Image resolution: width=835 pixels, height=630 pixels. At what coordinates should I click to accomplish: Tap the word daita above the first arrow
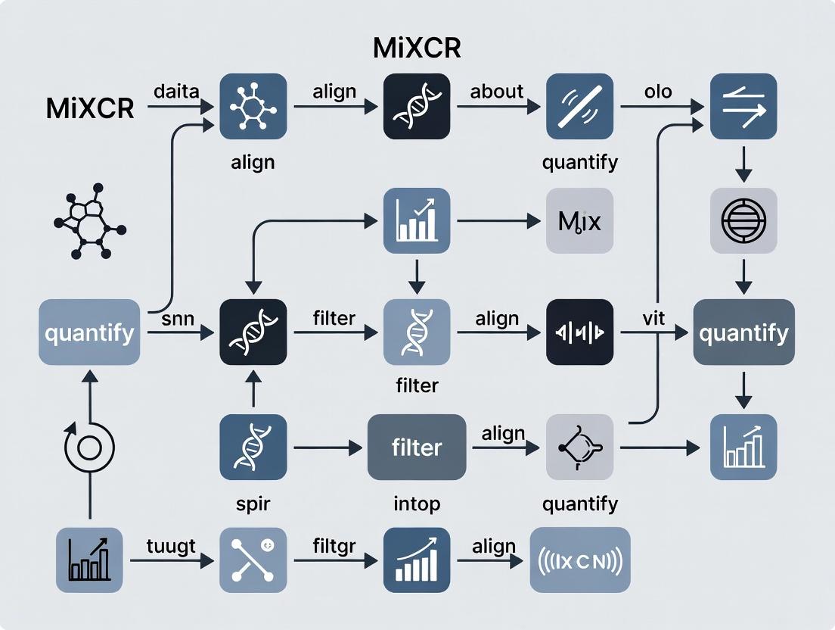[x=175, y=92]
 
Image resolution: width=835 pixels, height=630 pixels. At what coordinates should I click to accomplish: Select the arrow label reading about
[x=496, y=92]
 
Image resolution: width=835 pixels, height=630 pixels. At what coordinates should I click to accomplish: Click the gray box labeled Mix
[x=579, y=221]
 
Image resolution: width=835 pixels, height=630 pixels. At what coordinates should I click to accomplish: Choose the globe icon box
[x=743, y=220]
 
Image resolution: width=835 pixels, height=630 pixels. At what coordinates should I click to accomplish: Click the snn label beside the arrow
[x=178, y=318]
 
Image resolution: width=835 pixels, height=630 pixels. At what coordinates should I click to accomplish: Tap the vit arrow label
[x=653, y=318]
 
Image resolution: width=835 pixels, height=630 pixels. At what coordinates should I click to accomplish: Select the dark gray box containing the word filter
[x=416, y=448]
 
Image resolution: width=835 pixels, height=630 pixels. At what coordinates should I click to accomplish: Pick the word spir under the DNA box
[x=253, y=504]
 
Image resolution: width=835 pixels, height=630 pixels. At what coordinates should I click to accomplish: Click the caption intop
[x=417, y=504]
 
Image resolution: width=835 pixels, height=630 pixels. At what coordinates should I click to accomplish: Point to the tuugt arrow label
[x=171, y=546]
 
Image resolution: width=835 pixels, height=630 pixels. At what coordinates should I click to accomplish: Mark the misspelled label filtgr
[x=334, y=546]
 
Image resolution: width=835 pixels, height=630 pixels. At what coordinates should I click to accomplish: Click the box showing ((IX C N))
[x=579, y=560]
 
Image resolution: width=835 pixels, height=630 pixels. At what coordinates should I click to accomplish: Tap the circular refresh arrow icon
[x=89, y=448]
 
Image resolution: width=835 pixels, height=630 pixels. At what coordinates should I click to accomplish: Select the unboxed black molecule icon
[x=89, y=221]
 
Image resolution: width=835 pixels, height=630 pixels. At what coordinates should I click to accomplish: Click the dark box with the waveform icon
[x=579, y=332]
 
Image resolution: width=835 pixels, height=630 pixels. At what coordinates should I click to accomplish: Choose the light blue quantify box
[x=89, y=332]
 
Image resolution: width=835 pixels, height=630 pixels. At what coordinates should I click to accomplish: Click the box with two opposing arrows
[x=743, y=106]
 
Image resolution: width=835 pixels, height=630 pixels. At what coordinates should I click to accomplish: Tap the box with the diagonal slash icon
[x=579, y=106]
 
